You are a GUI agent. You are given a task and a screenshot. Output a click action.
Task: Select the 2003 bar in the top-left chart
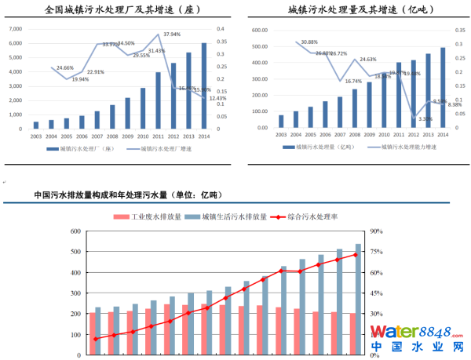[x=35, y=124]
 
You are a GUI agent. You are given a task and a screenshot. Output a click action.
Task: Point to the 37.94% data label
[x=172, y=35]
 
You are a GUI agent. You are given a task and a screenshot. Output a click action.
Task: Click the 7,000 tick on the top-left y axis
[x=15, y=28]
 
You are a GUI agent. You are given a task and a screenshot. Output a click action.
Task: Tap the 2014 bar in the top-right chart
[x=443, y=87]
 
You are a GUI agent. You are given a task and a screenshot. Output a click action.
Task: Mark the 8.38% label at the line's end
[x=455, y=104]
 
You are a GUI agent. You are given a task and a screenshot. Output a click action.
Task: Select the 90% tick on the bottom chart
[x=377, y=231]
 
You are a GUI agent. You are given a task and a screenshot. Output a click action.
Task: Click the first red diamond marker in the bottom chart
[x=96, y=339]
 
